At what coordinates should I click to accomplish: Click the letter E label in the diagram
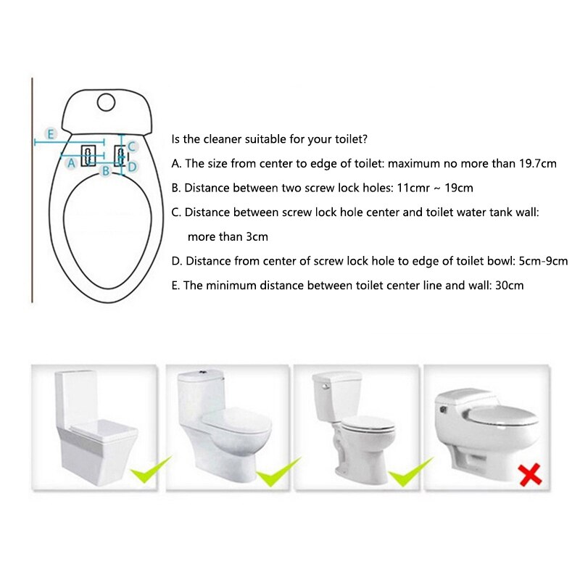[x=50, y=133]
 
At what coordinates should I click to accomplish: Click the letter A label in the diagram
[x=71, y=163]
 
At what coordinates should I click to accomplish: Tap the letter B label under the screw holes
[x=105, y=171]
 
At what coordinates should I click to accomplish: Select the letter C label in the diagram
[x=131, y=146]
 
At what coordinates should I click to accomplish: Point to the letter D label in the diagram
[x=132, y=166]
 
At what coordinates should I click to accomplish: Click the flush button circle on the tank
[x=107, y=102]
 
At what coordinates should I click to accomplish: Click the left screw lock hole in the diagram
[x=88, y=154]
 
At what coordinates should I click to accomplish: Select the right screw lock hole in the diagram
[x=118, y=154]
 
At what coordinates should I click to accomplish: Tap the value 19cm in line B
[x=459, y=188]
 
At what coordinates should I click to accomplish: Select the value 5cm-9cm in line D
[x=541, y=261]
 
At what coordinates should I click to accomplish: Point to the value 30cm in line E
[x=508, y=286]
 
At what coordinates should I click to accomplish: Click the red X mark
[x=531, y=475]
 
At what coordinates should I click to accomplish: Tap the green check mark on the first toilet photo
[x=150, y=471]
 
